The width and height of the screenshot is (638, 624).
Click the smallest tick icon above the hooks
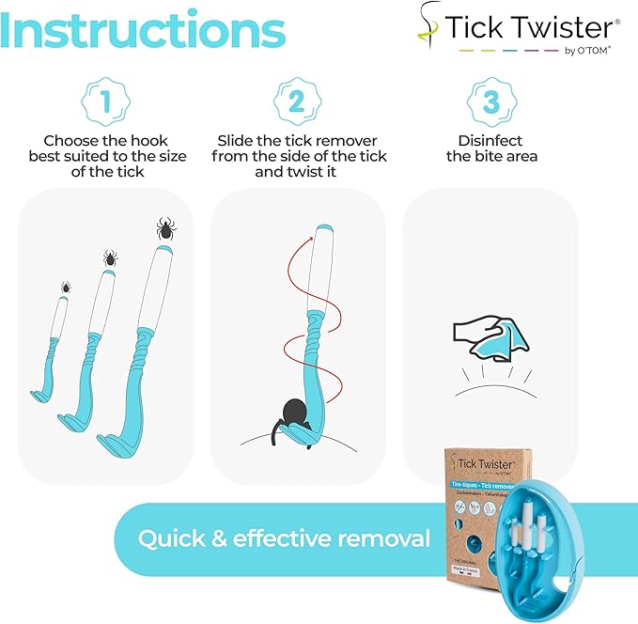67,287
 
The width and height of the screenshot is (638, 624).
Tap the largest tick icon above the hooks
164,227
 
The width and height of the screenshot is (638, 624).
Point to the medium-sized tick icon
110,257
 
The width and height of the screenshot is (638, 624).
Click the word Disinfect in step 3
490,139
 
